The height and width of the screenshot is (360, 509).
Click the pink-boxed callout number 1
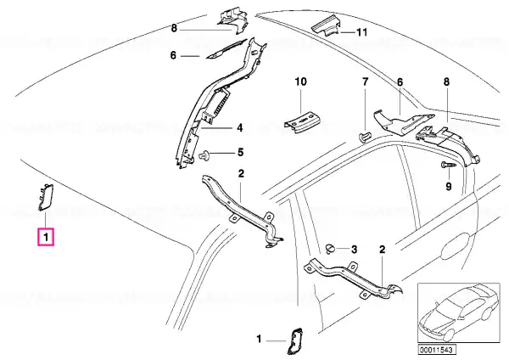click(x=46, y=237)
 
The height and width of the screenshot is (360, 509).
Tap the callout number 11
click(x=361, y=32)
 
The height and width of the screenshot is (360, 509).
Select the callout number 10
click(x=301, y=82)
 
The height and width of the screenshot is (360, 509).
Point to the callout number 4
click(x=239, y=127)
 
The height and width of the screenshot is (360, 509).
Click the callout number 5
click(x=240, y=152)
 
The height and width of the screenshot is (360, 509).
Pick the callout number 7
click(x=366, y=82)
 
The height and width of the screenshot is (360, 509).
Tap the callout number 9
click(x=449, y=187)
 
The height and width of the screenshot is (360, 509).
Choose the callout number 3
click(x=354, y=250)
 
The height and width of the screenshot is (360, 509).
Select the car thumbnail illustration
click(x=459, y=312)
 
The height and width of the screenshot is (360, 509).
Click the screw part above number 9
click(x=449, y=165)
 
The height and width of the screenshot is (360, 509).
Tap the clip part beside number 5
click(x=204, y=155)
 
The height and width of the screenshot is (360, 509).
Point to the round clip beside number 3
click(x=329, y=249)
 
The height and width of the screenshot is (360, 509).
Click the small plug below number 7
click(x=364, y=137)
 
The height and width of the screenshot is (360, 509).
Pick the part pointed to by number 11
click(x=327, y=27)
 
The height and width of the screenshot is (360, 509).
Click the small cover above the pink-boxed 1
click(x=46, y=197)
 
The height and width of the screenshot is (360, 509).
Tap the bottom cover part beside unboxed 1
click(x=294, y=340)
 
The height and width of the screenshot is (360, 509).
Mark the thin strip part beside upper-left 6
click(x=226, y=49)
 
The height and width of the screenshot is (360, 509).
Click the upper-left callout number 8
click(x=174, y=29)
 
